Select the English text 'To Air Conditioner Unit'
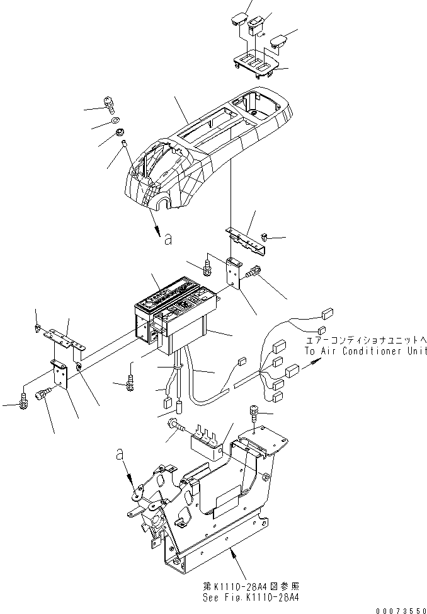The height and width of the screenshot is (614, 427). pyautogui.click(x=365, y=351)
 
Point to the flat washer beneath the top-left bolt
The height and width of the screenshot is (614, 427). pyautogui.click(x=114, y=120)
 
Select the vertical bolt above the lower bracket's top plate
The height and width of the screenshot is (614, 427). pyautogui.click(x=253, y=412)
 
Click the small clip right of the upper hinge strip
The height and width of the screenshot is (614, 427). pyautogui.click(x=265, y=237)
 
